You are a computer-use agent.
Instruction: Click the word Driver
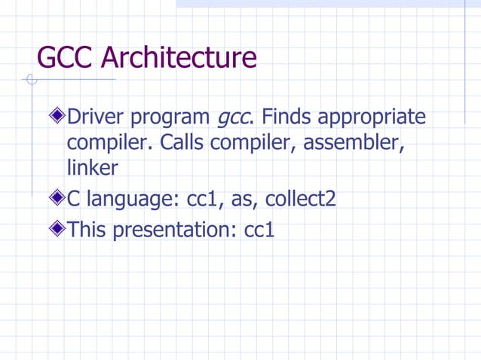[x=95, y=118]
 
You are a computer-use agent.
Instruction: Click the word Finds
[x=288, y=118]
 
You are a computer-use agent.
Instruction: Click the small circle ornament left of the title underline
[x=31, y=80]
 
